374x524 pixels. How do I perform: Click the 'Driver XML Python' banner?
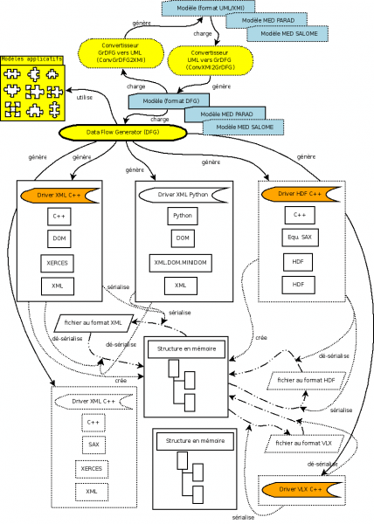183,194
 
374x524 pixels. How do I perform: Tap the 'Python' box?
181,215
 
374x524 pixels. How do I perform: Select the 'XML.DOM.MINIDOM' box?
181,261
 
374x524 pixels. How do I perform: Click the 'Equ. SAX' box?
299,237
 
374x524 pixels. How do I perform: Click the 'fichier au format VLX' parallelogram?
303,444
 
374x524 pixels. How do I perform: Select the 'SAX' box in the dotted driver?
93,445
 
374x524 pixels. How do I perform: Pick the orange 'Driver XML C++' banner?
60,194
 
